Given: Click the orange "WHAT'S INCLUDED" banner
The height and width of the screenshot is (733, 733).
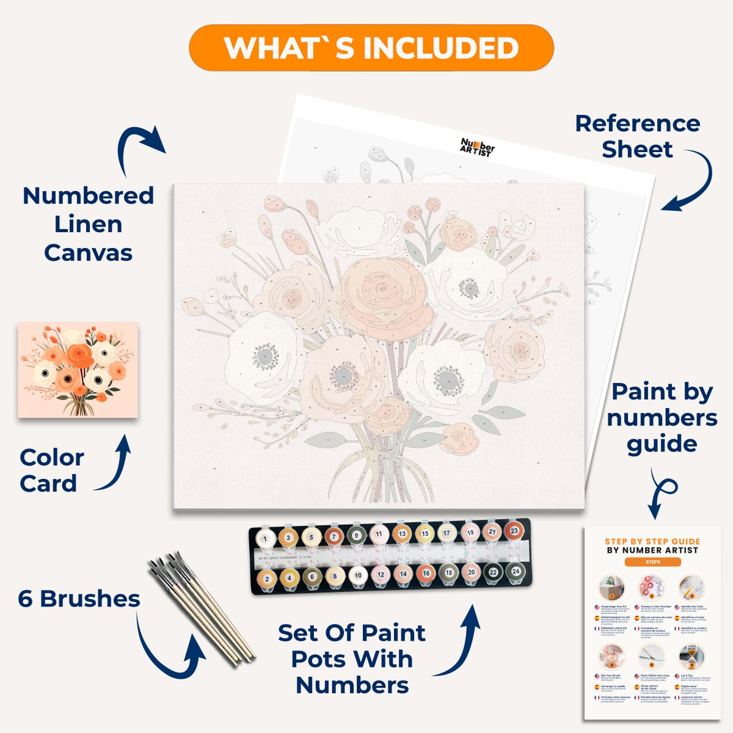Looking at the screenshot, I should [371, 48].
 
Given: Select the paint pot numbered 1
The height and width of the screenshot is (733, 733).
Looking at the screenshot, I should [265, 539].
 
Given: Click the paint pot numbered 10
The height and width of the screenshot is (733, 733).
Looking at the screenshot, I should [358, 575].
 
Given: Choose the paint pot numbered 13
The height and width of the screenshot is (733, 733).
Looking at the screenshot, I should [402, 534].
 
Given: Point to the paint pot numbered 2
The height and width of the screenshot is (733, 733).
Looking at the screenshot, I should [266, 578].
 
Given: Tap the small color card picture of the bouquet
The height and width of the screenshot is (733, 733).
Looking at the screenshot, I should [78, 370].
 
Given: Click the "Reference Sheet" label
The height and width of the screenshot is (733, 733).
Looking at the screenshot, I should [637, 136].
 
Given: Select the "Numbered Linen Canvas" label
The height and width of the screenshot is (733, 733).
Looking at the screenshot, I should [88, 224].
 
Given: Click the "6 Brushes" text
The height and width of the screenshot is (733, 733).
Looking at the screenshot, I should [79, 599].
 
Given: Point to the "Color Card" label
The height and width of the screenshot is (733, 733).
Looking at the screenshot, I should [51, 470].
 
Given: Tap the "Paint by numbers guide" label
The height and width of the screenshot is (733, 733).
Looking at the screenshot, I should [662, 418].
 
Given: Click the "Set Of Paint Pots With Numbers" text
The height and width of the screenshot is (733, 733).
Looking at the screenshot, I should [352, 659].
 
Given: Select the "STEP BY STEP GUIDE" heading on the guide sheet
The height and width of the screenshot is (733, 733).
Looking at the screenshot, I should [652, 541].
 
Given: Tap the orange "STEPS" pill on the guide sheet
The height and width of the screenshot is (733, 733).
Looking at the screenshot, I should [652, 562].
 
